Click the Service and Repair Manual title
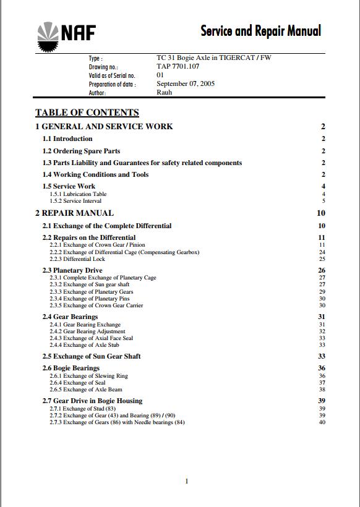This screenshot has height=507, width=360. (260, 30)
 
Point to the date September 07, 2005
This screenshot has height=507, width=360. (186, 83)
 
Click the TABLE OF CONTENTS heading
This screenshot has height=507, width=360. (87, 113)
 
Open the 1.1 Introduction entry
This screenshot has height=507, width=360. (67, 139)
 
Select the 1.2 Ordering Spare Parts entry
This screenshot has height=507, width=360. (81, 151)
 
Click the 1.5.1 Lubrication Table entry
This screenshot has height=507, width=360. (78, 194)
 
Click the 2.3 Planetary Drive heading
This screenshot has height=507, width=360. (72, 271)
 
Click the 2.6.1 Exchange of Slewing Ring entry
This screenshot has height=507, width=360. (89, 376)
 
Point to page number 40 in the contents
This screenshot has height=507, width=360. (322, 423)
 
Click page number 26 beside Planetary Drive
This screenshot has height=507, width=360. (322, 271)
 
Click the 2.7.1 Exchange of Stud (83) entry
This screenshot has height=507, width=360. (82, 409)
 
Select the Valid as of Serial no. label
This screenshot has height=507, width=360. (112, 75)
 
